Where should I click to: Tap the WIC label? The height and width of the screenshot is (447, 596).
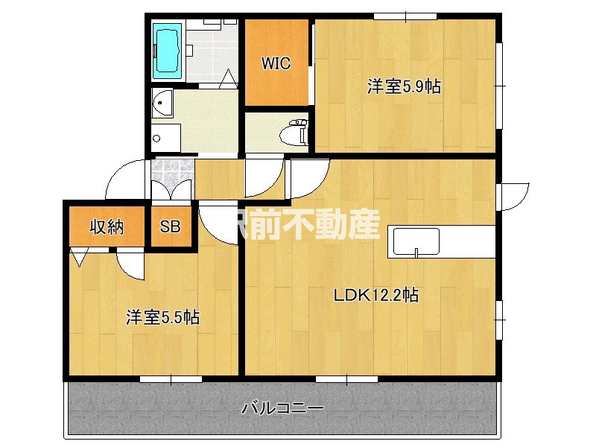275,63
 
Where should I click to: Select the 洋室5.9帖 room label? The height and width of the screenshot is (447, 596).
404,86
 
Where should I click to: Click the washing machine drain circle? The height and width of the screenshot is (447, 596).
157,139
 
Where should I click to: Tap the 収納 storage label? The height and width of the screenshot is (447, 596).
107,226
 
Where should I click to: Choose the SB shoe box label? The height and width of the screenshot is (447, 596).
170,226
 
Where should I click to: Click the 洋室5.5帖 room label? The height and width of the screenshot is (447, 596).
162,317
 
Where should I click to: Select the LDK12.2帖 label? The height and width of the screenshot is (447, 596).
375,295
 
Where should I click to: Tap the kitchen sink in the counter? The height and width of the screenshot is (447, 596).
415,242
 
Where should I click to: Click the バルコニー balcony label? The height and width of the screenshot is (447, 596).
283,408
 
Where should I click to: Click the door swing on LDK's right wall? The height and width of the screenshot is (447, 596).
513,195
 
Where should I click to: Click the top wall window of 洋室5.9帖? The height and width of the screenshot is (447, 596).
405,16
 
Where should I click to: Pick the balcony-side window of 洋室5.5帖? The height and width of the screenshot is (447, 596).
170,379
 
